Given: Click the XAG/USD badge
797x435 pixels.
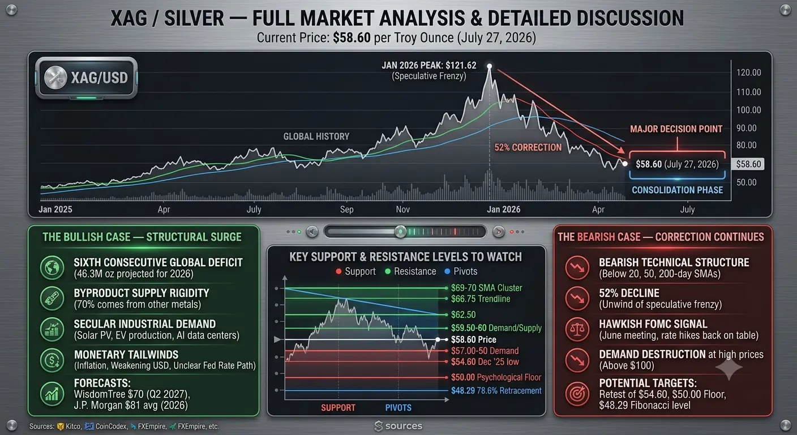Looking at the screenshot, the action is tap(87, 78).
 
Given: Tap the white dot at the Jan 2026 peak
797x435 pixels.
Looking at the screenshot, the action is tap(490, 66).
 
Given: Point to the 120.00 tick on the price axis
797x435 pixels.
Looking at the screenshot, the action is tap(749, 72).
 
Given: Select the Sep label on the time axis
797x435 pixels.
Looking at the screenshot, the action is tap(346, 210).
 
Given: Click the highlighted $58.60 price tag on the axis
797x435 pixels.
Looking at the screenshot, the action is tap(748, 164).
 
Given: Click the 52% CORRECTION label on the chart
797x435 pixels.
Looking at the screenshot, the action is tap(528, 147).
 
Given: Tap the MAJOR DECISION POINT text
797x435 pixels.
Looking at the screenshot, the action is tap(676, 129).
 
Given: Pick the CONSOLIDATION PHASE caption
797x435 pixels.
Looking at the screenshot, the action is tap(677, 190).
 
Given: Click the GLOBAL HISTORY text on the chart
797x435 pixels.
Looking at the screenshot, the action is tap(316, 137).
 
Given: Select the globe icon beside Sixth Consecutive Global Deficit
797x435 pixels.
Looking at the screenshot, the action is tap(52, 268).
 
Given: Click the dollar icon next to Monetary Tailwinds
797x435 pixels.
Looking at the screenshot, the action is tap(52, 360).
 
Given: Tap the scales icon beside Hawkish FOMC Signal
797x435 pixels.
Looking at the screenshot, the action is tap(577, 329).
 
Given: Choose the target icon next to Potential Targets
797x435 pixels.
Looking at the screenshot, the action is tap(577, 394).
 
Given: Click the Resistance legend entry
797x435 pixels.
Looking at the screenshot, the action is tap(410, 271).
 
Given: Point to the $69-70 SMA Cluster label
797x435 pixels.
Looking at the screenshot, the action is tap(486, 288).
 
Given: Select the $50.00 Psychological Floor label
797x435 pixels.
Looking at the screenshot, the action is tap(496, 377).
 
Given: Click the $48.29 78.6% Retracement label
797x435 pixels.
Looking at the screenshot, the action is tap(496, 390).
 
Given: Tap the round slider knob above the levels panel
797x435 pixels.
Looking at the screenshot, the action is tap(400, 232).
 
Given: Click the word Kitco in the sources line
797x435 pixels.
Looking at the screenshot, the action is tap(73, 426).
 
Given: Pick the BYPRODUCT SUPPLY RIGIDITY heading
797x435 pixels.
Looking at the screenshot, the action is tap(142, 293).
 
